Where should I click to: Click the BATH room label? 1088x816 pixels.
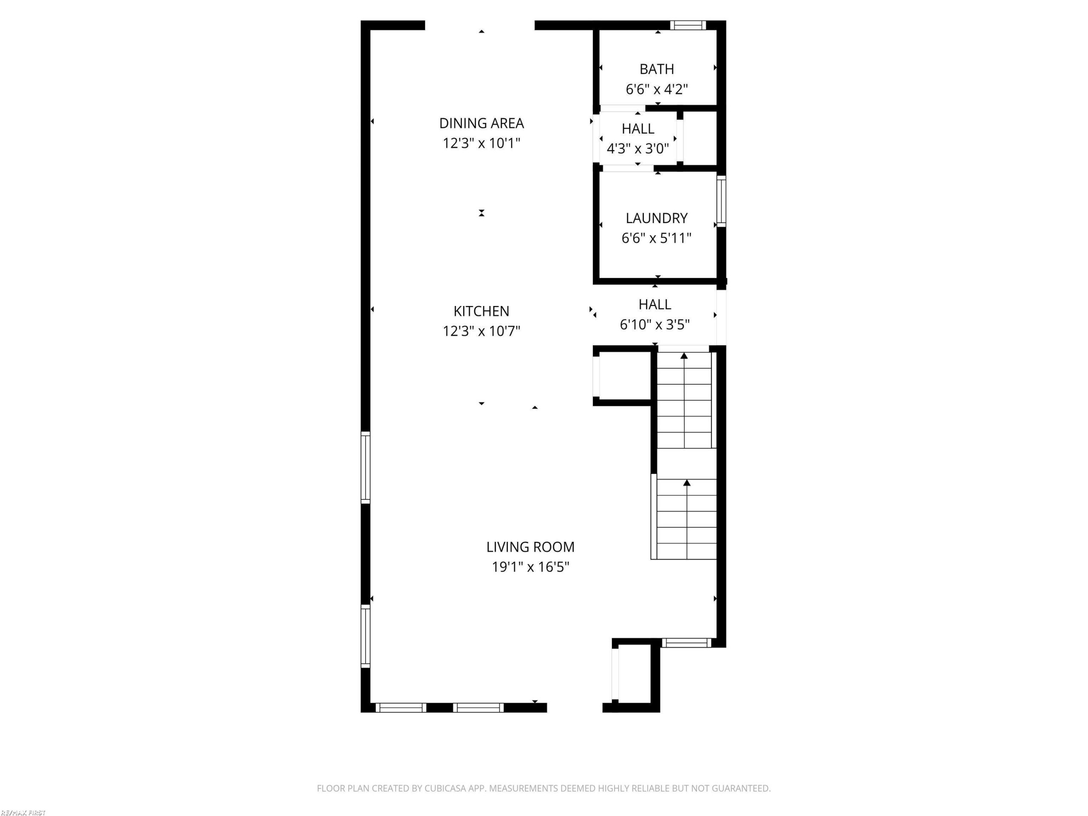(657, 69)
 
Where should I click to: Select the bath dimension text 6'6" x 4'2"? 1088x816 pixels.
(657, 89)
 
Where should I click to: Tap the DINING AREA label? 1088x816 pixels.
(482, 123)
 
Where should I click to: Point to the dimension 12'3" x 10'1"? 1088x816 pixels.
(482, 143)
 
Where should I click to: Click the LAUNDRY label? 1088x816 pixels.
(657, 218)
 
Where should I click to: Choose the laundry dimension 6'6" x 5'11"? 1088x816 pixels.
(657, 238)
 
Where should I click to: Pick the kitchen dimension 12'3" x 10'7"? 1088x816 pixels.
(482, 331)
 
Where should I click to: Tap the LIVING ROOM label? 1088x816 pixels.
(531, 547)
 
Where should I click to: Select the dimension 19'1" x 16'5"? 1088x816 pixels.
(531, 567)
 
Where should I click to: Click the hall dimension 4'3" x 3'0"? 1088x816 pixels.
(638, 149)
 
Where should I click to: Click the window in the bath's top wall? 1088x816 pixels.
(688, 25)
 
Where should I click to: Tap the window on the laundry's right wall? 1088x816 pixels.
(721, 201)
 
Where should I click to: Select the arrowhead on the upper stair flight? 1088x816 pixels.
(684, 356)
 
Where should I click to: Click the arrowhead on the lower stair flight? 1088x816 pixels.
(687, 483)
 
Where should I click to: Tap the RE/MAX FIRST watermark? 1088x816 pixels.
(23, 813)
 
